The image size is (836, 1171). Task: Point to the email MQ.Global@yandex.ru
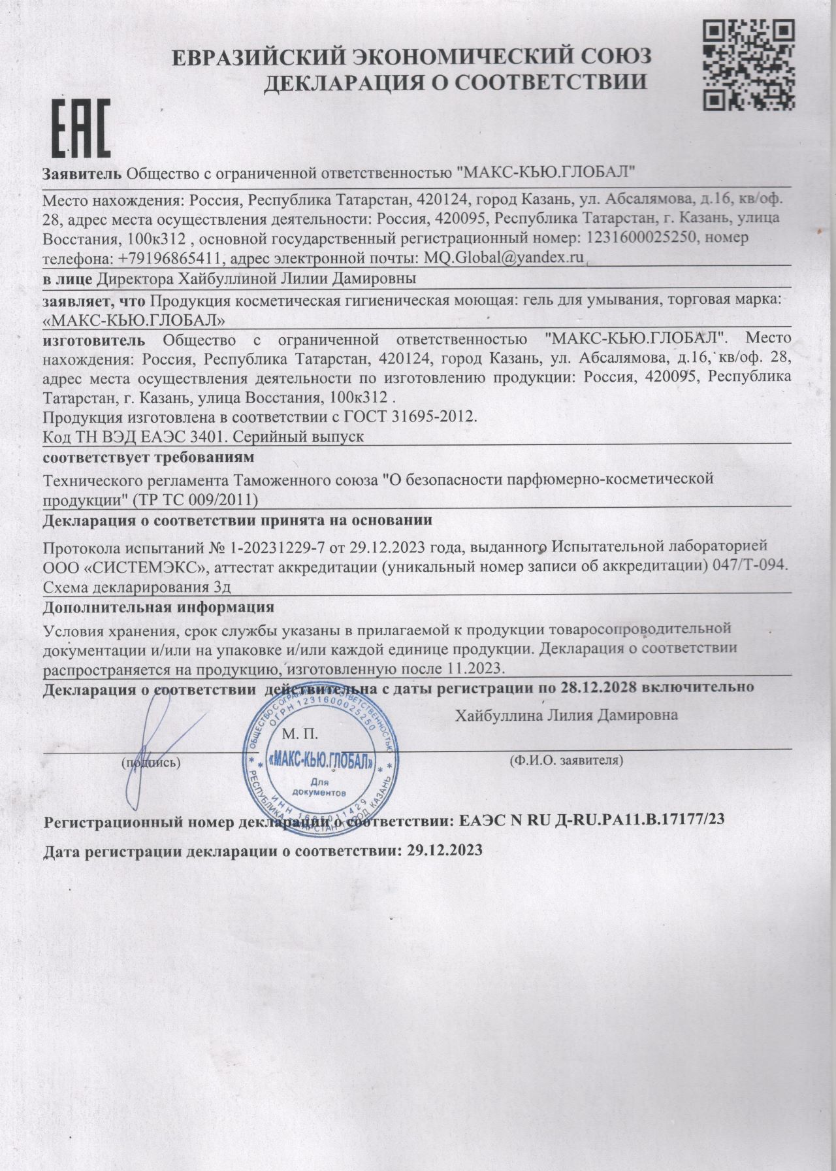[504, 257]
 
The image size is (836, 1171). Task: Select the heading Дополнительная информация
[157, 607]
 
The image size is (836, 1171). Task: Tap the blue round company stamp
[320, 763]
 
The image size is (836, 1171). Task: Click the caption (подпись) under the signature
[151, 762]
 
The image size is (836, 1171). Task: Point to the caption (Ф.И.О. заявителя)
[565, 761]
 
